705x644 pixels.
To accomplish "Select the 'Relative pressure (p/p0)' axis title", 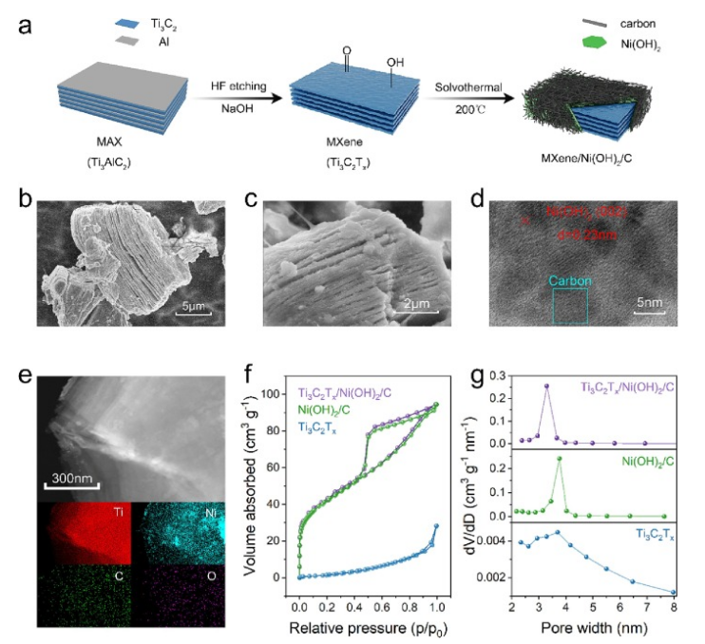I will tap(369, 628).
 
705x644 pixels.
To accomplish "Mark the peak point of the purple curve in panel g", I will tap(546, 386).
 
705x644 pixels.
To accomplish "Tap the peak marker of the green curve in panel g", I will tap(560, 459).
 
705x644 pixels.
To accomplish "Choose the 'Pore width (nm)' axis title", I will tap(594, 628).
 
